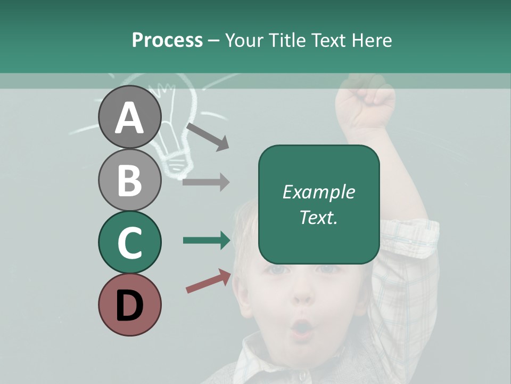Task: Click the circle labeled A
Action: (130, 117)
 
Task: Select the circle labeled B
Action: (130, 180)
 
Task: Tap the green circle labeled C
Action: (130, 242)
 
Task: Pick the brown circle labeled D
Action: (130, 305)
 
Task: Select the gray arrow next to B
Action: (206, 182)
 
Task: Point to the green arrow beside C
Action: (207, 241)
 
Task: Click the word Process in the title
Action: (167, 40)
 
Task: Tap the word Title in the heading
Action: (287, 40)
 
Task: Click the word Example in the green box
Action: (318, 192)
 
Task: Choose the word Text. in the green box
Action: (318, 217)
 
